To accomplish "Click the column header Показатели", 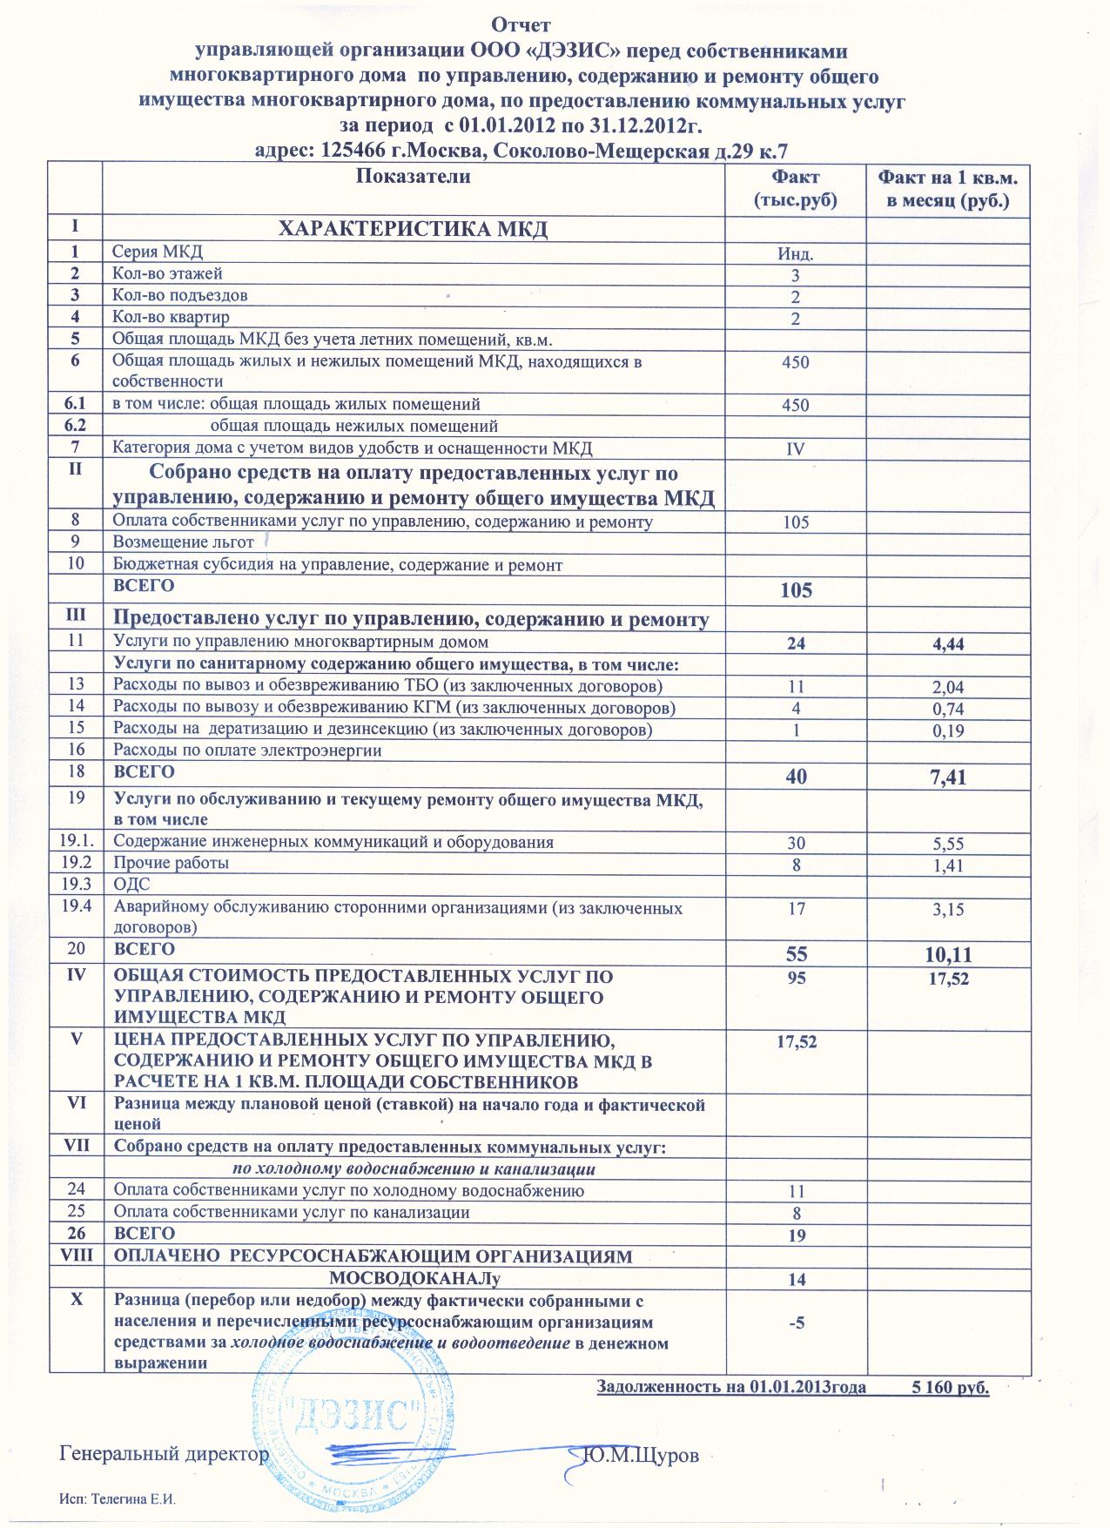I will click(414, 177).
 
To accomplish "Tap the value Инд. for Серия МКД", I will click(795, 255).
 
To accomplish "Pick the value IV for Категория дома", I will click(795, 449).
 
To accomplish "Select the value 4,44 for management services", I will click(948, 644).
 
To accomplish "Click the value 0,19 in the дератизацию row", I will click(948, 731).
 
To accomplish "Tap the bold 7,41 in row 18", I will click(948, 777).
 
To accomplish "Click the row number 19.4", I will click(77, 907).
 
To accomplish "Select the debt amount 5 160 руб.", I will click(949, 1387).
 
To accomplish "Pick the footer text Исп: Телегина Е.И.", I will click(123, 1498).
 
